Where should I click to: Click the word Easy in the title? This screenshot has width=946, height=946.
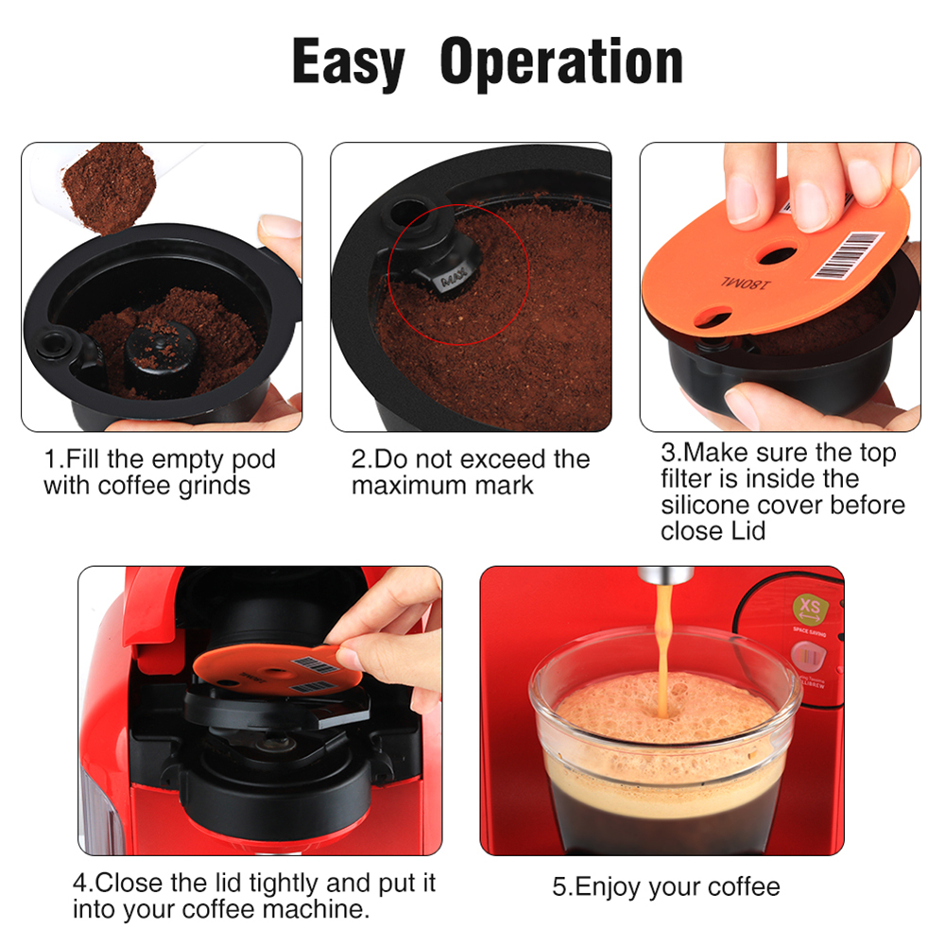coord(348,63)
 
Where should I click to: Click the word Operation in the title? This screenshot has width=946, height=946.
coord(561,63)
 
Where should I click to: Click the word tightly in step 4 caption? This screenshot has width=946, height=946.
coord(289,884)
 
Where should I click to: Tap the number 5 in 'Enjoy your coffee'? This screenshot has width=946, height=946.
coord(559,886)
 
